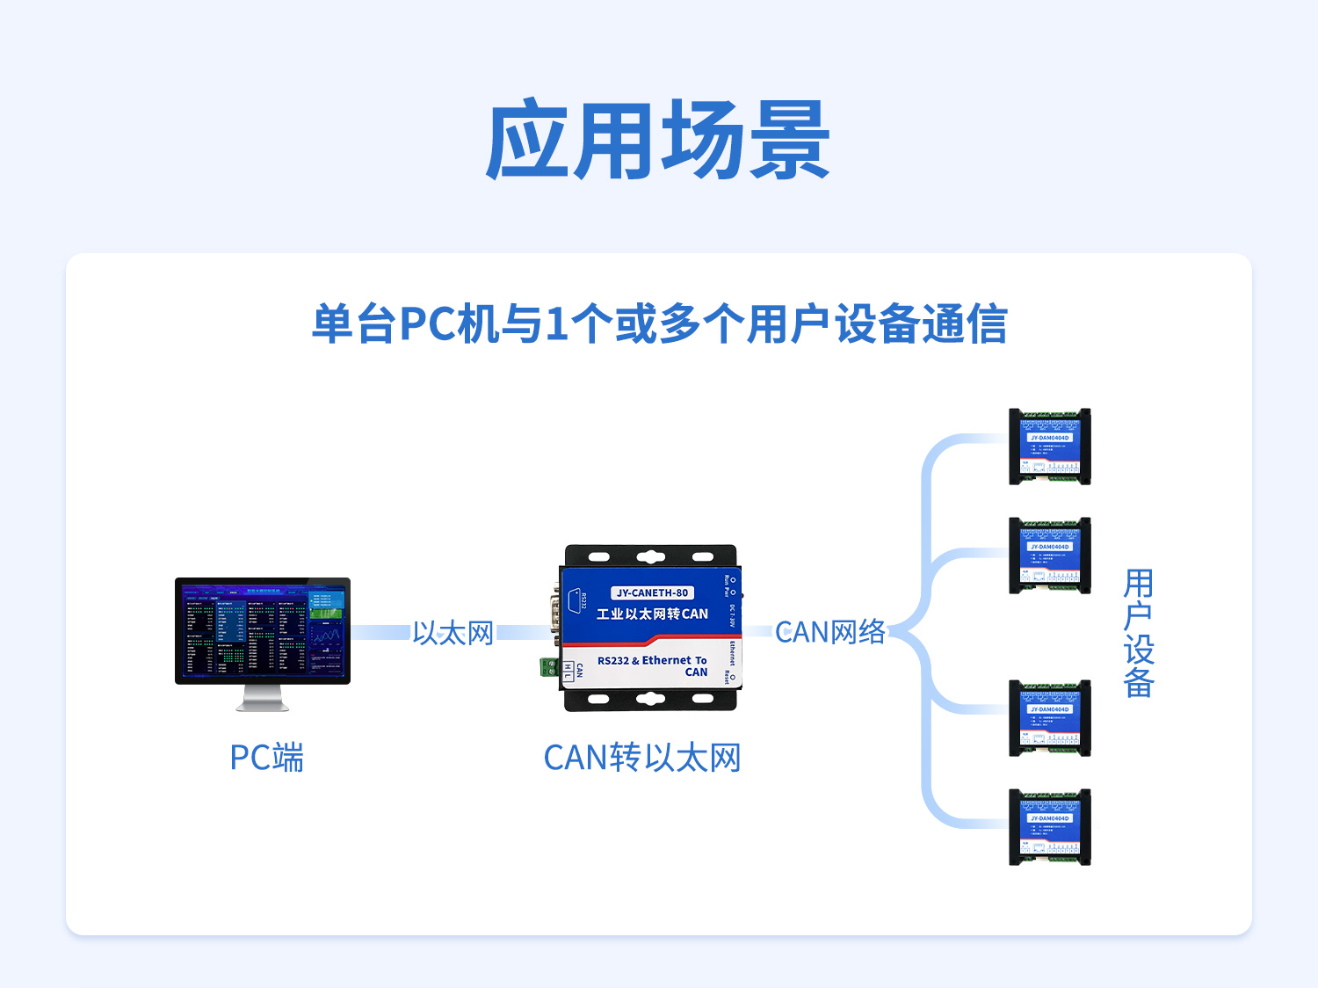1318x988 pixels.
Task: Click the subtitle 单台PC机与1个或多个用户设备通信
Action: point(659,323)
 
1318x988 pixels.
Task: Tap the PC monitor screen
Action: point(262,629)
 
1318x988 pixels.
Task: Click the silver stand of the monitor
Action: point(263,698)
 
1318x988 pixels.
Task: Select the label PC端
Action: point(266,758)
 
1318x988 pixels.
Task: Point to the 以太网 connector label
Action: point(453,633)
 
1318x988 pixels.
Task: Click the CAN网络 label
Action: point(830,632)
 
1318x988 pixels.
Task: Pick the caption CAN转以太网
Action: point(642,758)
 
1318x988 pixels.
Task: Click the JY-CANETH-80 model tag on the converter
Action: point(652,592)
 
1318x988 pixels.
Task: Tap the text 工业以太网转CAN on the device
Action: point(652,614)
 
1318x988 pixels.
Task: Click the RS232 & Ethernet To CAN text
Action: point(652,665)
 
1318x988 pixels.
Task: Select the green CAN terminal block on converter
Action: point(549,667)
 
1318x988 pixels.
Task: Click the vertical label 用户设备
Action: point(1138,633)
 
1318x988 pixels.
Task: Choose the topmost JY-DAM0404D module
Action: point(1049,447)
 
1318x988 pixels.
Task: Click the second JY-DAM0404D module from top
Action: point(1049,556)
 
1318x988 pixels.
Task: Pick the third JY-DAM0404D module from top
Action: point(1049,718)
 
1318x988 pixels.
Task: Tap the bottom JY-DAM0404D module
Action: point(1049,827)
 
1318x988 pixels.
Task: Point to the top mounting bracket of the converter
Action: point(650,556)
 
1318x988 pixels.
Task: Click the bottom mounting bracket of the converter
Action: point(650,700)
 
